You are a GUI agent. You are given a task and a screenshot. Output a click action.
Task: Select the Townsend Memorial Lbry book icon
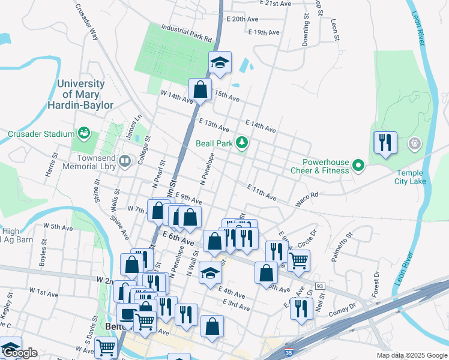point(124,160)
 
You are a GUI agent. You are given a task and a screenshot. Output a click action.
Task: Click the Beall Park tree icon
point(241,143)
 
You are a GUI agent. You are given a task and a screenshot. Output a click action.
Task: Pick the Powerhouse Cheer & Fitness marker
point(358,164)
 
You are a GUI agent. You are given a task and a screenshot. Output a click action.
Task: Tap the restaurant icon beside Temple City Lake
point(385,143)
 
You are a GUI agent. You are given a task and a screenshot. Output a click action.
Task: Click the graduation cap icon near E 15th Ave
point(220,62)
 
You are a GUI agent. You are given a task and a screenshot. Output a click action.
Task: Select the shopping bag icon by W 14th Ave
point(200,90)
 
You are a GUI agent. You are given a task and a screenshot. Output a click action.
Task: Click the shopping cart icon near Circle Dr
point(298,260)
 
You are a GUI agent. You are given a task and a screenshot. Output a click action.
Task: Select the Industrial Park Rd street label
point(187,33)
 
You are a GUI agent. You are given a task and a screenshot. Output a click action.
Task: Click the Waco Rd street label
point(306,194)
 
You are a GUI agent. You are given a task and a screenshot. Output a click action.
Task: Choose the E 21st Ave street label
point(276,4)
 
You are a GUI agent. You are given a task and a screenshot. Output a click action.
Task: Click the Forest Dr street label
point(376,284)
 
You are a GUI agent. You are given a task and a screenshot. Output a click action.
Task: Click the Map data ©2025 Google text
point(412,355)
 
